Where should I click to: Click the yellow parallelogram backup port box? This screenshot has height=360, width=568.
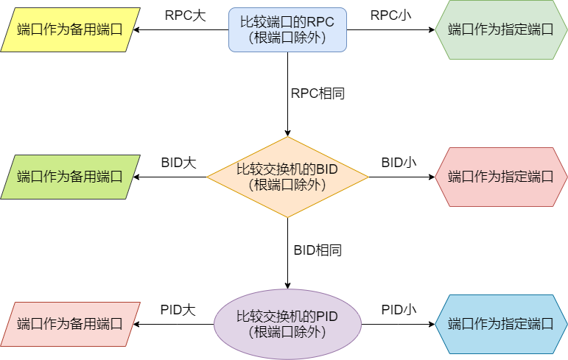point(70,29)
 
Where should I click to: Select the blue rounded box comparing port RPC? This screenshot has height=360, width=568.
point(287,29)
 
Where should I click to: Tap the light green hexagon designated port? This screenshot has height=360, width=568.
point(501,29)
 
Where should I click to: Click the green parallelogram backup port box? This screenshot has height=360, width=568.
point(70,177)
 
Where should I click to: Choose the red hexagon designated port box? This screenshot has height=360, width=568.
point(501,177)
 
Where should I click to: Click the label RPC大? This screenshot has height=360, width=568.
point(185,15)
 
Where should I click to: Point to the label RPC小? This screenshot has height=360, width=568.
point(390,15)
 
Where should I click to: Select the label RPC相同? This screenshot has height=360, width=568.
point(318,93)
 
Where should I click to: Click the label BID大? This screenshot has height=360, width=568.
point(179,163)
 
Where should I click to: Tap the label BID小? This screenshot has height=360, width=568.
point(399,163)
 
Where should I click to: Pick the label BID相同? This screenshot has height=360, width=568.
point(318,250)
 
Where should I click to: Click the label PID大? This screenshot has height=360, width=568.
point(178,310)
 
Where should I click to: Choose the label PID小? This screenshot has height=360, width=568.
point(399,310)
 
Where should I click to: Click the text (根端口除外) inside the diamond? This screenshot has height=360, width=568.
point(287,185)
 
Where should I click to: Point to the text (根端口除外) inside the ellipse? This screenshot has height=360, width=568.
point(287,332)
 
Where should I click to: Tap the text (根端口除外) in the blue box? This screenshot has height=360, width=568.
point(287,38)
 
